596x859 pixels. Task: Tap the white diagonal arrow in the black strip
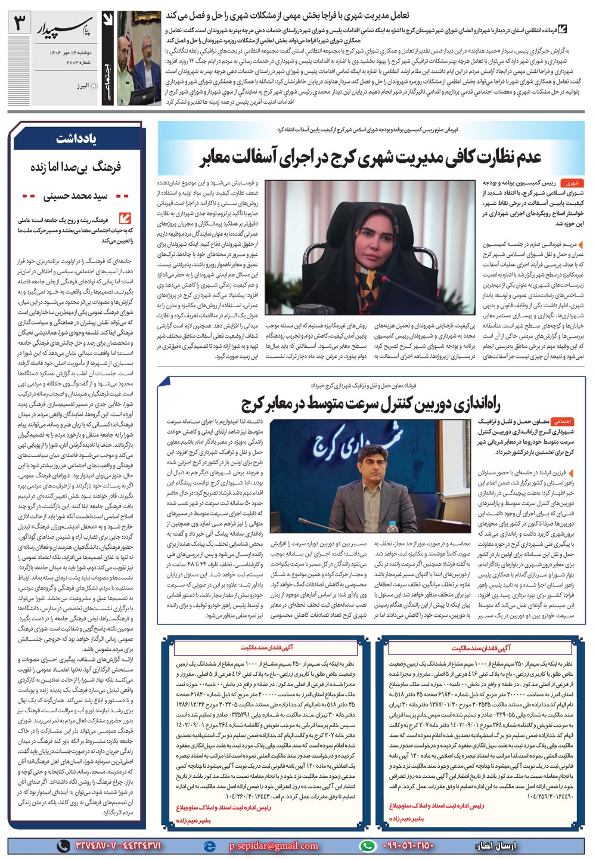tap(108, 22)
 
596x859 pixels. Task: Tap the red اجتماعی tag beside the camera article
tap(562, 421)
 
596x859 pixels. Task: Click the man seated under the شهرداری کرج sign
tap(366, 489)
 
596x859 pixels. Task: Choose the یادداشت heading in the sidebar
tap(76, 139)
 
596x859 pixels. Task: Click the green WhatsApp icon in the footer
tap(369, 846)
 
